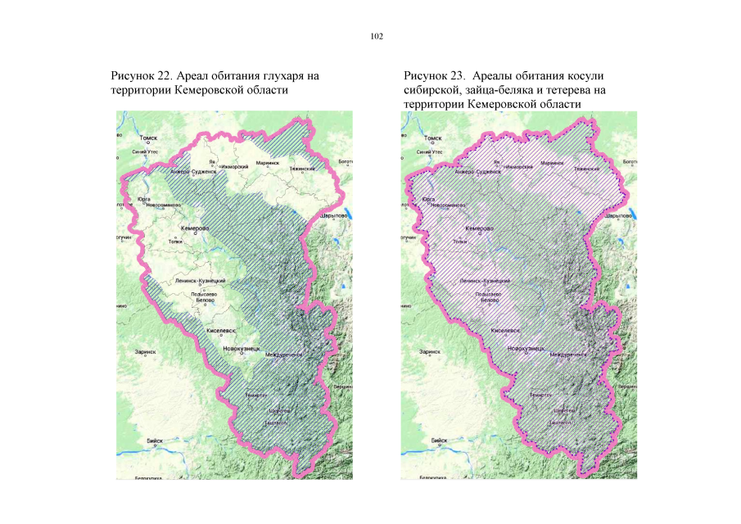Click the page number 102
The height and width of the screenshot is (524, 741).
[x=377, y=36]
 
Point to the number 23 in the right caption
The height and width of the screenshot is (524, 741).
[x=454, y=76]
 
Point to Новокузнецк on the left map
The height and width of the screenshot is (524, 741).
[x=242, y=350]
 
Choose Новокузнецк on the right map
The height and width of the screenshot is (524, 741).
[x=526, y=350]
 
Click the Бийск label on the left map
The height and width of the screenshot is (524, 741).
[x=154, y=440]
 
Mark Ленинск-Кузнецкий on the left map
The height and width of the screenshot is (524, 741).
[x=201, y=281]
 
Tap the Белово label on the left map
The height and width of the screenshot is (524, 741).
[x=204, y=300]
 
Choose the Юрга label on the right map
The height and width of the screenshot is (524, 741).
[x=427, y=199]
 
